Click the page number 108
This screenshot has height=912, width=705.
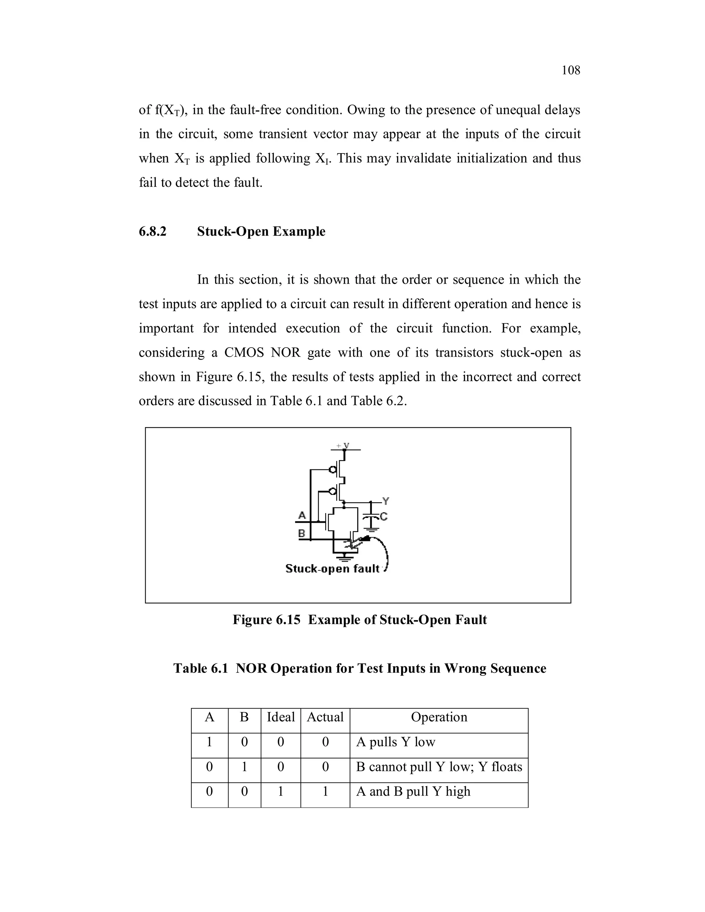coord(570,70)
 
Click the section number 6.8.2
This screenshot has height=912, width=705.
coord(152,231)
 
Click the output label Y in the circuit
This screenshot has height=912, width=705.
coord(386,500)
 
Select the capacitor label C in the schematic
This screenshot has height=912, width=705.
coord(383,517)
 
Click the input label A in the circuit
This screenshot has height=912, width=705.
coord(302,515)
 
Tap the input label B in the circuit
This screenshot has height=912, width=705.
coord(302,533)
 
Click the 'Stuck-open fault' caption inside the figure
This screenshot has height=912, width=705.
coord(333,569)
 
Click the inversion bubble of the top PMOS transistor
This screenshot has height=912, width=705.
coord(333,470)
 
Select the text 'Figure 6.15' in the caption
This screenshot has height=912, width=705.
coord(266,620)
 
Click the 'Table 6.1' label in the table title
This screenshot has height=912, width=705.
coord(200,669)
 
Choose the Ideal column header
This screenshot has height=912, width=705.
coord(281,717)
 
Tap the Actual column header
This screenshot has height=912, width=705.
coord(325,717)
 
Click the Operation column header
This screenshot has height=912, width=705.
coord(439,717)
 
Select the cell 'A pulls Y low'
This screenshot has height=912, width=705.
coord(395,742)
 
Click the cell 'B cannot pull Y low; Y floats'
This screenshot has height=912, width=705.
coord(439,767)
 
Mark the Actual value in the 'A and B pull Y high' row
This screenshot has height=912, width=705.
coord(325,791)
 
